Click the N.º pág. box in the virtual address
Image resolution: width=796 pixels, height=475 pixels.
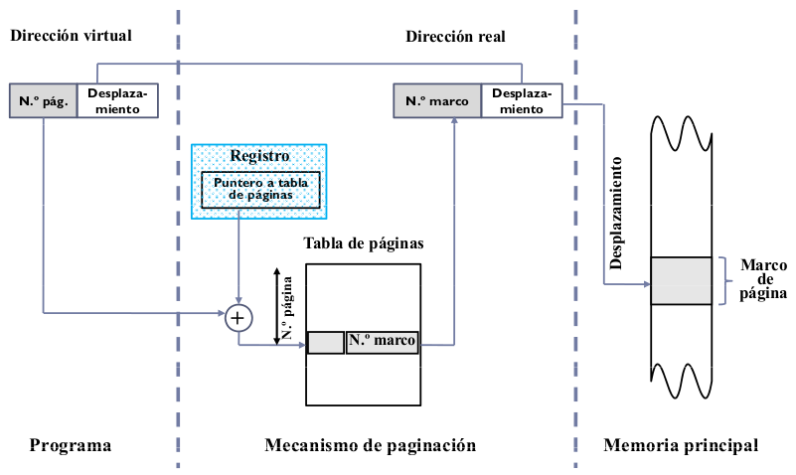pos(42,100)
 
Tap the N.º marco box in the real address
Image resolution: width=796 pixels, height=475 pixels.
pos(437,100)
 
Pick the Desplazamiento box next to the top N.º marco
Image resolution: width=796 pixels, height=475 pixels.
pos(521,100)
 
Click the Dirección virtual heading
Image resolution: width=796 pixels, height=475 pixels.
pos(71,36)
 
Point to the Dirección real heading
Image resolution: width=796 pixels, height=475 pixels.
pos(455,36)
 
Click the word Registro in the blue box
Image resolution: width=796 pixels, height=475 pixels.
pos(259,156)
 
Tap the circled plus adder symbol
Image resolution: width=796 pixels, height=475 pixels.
pos(238,317)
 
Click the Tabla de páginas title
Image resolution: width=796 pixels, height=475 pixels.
pos(364,243)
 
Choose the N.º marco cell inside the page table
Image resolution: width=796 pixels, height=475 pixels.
pos(383,342)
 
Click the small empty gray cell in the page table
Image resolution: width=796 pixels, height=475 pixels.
pos(325,342)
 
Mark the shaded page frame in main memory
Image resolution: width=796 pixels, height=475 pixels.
pos(681,280)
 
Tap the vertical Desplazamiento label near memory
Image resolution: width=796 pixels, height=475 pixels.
pos(616,213)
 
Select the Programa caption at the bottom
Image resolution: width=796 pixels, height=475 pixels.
pos(71,445)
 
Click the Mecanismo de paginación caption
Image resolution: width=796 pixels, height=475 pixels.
pos(371,445)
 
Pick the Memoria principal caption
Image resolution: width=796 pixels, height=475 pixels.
pos(681,445)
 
